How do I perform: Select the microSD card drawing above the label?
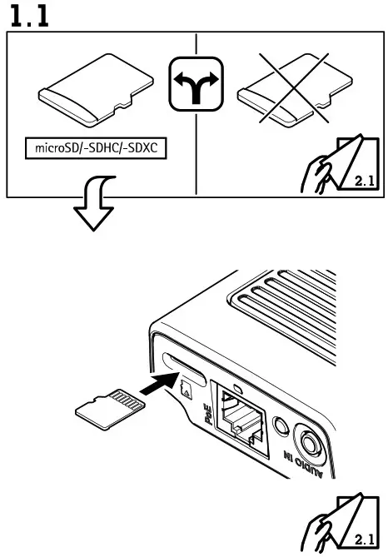tap(96, 96)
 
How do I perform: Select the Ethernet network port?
tap(241, 420)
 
